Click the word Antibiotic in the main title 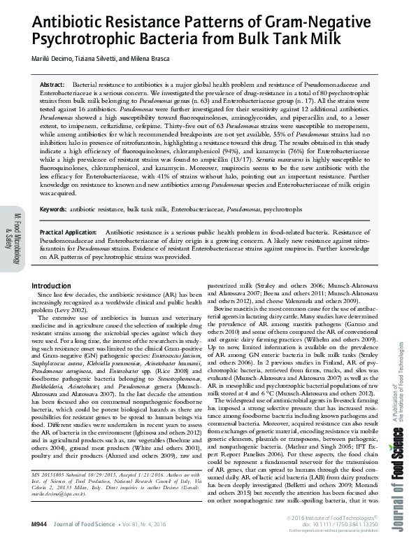[x=64, y=23]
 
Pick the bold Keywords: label [x=54, y=209]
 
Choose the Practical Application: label [x=69, y=231]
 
